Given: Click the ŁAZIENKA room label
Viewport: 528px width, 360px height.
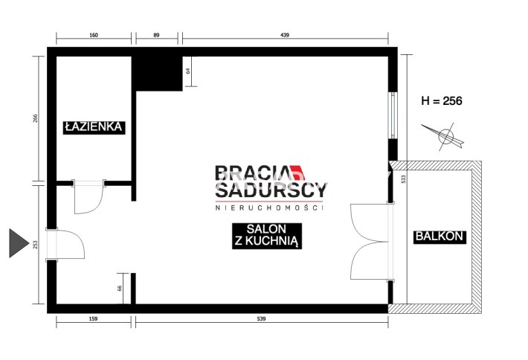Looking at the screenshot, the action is pos(94,127).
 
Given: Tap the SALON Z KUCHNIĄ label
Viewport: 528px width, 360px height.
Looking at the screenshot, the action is pos(267,236).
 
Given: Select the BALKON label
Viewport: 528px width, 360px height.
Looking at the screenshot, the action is pos(440,237).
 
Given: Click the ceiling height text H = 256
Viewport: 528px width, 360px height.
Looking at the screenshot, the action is pos(442,100).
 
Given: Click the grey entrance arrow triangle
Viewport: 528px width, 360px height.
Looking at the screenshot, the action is pos(19,243).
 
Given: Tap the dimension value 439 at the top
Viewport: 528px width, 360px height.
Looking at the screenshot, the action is pos(285,35).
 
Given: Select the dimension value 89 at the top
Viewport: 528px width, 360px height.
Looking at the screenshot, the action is pos(156,35).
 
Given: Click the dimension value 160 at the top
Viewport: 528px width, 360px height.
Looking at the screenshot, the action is pos(94,35).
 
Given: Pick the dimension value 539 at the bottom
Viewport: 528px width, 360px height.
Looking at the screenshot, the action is pos(261,318).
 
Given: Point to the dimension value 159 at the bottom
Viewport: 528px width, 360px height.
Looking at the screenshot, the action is pos(93,318).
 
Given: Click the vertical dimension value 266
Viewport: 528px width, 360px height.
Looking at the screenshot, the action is pos(36,118).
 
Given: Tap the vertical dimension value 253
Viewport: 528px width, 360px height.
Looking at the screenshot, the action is pos(36,245).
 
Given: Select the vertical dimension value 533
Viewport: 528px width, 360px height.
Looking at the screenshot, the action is pos(404,179).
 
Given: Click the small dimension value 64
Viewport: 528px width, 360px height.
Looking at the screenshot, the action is pos(188,71).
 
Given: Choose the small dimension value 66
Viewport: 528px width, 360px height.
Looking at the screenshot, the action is pos(120,289).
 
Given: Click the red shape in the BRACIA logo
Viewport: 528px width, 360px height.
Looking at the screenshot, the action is pos(298,173).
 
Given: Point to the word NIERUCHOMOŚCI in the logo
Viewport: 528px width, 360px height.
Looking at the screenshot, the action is pos(269,208).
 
